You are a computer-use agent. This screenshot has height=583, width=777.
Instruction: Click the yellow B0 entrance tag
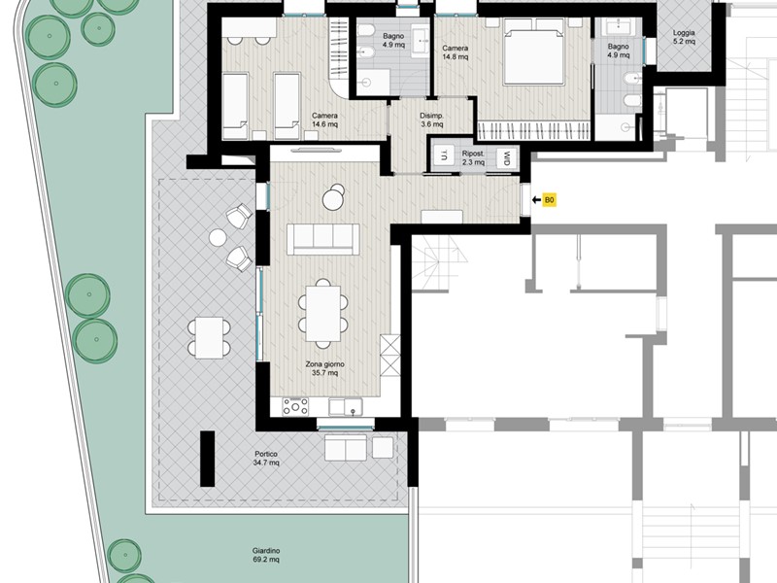[x=549, y=200]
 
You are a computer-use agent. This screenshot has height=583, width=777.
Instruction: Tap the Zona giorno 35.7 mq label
[x=324, y=368]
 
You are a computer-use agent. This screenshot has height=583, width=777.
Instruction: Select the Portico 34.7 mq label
[x=266, y=458]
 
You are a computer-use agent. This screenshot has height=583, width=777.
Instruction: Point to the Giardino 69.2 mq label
[x=266, y=555]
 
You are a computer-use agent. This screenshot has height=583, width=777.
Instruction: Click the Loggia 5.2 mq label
[x=684, y=37]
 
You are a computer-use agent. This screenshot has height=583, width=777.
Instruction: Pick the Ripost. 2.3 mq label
[x=473, y=157]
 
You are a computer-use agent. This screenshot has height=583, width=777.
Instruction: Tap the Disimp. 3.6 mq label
[x=431, y=120]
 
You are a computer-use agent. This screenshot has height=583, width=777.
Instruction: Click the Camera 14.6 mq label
[x=324, y=120]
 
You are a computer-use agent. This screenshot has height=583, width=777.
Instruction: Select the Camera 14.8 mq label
[x=455, y=52]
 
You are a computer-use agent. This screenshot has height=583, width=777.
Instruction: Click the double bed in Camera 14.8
[x=533, y=52]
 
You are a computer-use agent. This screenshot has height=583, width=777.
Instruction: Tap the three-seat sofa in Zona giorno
[x=323, y=239]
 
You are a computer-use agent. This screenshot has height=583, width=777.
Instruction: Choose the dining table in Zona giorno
[x=323, y=313]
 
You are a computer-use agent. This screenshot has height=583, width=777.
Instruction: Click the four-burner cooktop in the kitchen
[x=295, y=406]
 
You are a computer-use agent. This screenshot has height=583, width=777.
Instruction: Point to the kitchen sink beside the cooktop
[x=346, y=407]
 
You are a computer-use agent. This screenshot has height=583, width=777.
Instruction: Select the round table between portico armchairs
[x=218, y=238]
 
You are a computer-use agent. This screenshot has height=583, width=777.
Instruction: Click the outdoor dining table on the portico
[x=209, y=337]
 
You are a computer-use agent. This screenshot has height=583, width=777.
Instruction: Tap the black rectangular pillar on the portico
[x=207, y=459]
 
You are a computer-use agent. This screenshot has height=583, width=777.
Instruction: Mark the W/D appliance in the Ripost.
[x=507, y=158]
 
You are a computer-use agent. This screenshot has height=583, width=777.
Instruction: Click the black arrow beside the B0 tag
[x=536, y=200]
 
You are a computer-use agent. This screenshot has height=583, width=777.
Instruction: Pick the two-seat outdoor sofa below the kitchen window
[x=346, y=448]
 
